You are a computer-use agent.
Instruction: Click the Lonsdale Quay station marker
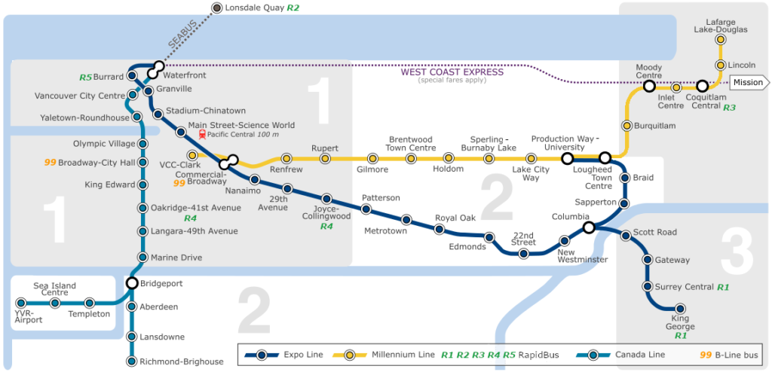[217, 8]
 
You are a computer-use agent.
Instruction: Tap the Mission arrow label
[748, 82]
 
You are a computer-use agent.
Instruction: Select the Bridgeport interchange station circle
[132, 284]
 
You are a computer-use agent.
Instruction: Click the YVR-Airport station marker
[20, 303]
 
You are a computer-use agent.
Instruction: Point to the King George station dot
[680, 308]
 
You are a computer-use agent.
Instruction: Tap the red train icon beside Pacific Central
[201, 135]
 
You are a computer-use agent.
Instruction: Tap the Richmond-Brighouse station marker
[132, 361]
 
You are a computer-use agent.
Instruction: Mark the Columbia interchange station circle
[589, 227]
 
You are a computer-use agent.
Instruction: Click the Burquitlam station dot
[626, 125]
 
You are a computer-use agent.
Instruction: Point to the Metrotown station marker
[406, 220]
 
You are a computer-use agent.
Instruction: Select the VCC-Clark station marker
[192, 154]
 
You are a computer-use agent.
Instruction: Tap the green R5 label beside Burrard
[85, 77]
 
